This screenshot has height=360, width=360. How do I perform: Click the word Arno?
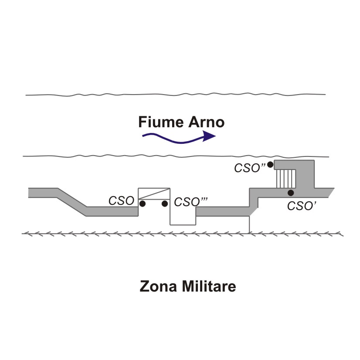[206, 122]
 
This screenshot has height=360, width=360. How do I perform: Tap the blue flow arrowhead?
[209, 136]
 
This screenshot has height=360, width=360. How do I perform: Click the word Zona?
[158, 286]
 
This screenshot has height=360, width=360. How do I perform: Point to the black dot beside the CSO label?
[143, 204]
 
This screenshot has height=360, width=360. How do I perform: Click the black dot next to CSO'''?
[165, 204]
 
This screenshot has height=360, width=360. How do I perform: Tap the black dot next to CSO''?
[270, 165]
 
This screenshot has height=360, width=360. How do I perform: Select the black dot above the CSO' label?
[291, 193]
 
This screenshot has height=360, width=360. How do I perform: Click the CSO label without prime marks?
[121, 200]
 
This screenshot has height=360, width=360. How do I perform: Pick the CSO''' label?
[191, 202]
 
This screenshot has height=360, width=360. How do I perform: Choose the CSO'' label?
[250, 168]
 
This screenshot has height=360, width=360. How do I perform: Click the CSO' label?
[302, 206]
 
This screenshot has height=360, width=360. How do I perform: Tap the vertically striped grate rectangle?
[286, 179]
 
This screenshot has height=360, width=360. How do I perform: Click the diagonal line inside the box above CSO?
[154, 194]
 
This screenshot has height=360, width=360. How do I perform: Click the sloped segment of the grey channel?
[72, 202]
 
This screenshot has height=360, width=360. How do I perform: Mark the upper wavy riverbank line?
[176, 95]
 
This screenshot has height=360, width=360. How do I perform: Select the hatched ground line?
[183, 234]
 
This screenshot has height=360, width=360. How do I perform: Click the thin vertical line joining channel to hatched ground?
[249, 225]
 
